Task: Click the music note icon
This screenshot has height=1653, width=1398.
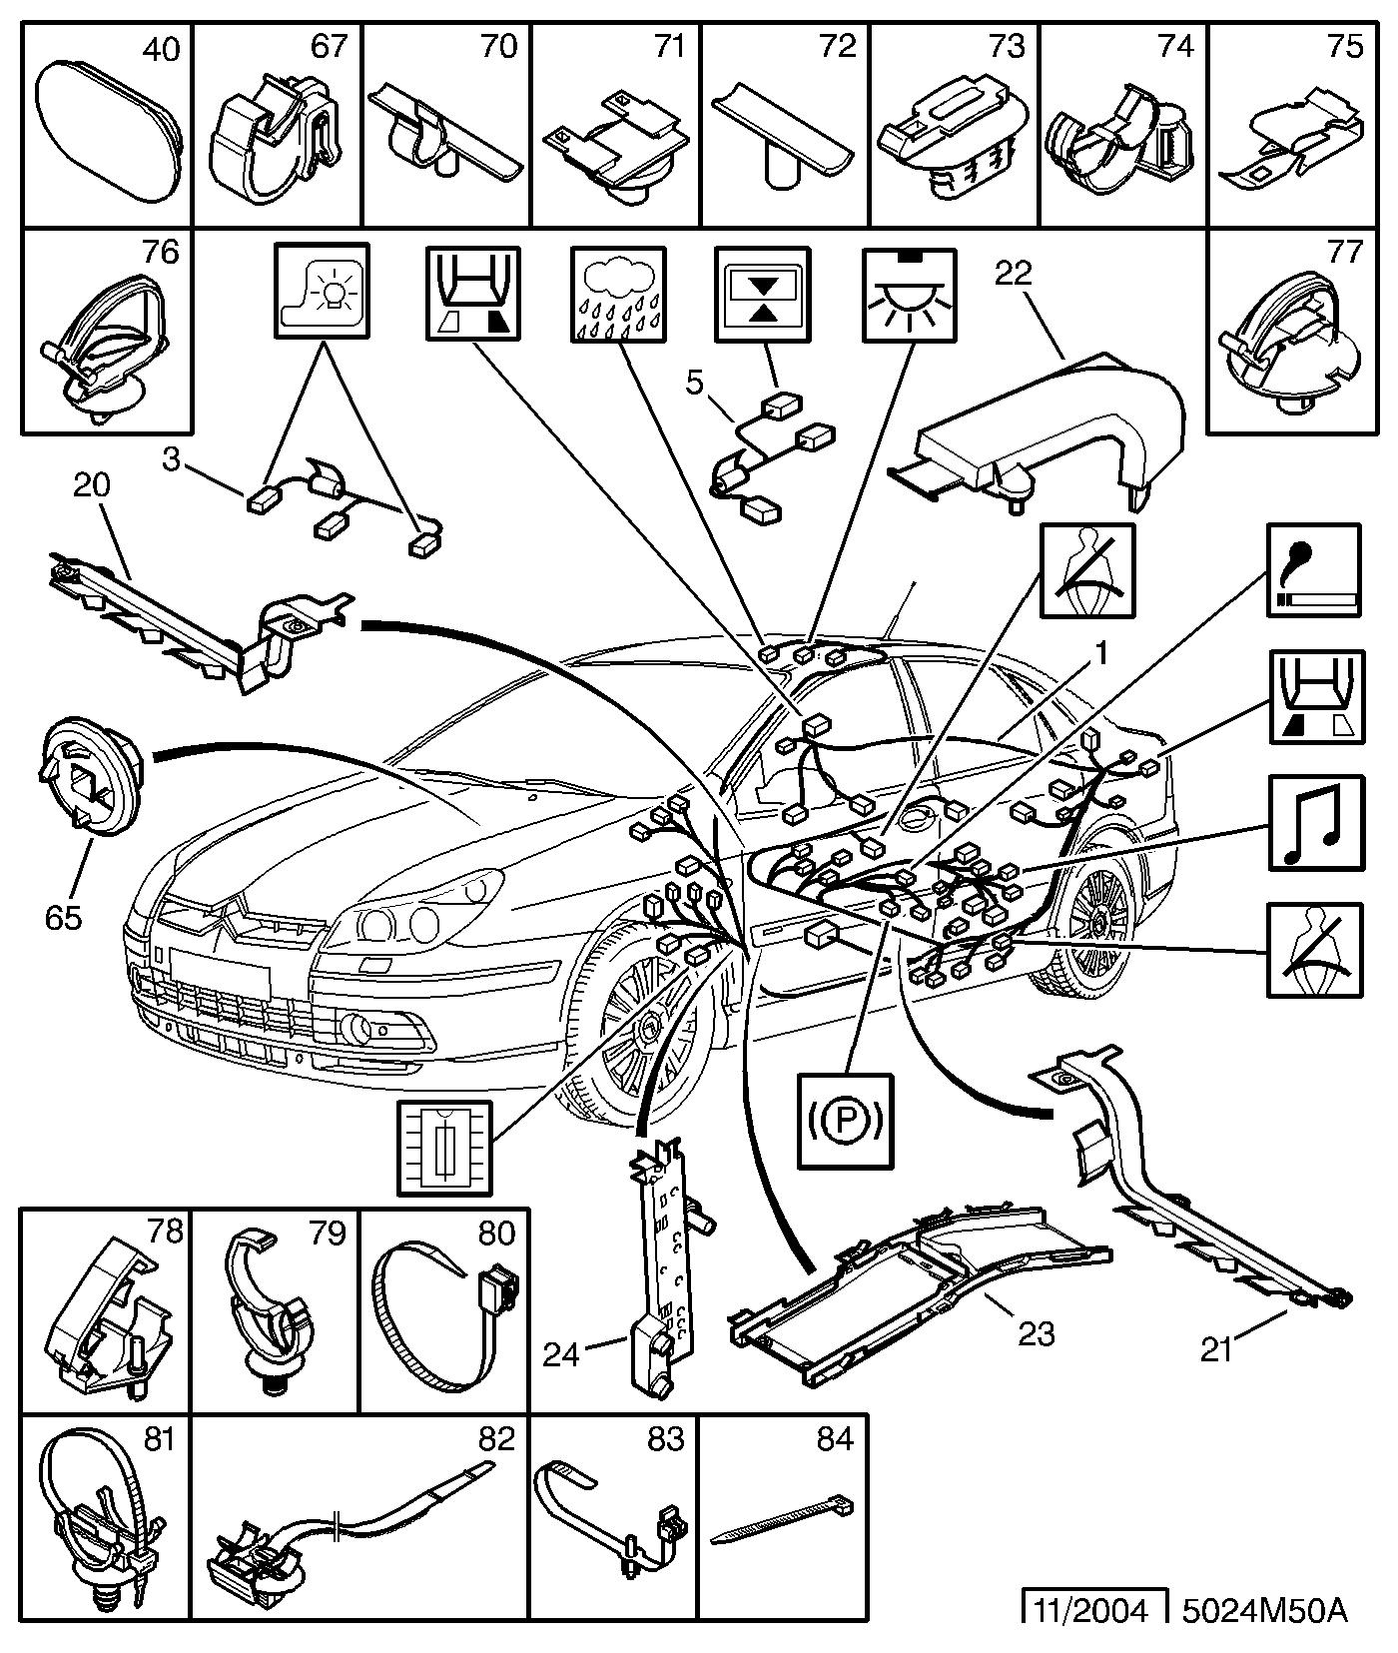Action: (x=1315, y=821)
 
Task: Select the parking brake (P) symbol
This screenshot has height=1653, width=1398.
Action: (x=845, y=1120)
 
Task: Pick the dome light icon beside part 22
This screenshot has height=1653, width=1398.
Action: (x=908, y=296)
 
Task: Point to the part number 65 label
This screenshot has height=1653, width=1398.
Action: (x=62, y=916)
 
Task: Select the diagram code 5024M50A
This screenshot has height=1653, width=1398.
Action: (x=1264, y=1610)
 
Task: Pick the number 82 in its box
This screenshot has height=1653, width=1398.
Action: (x=495, y=1438)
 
